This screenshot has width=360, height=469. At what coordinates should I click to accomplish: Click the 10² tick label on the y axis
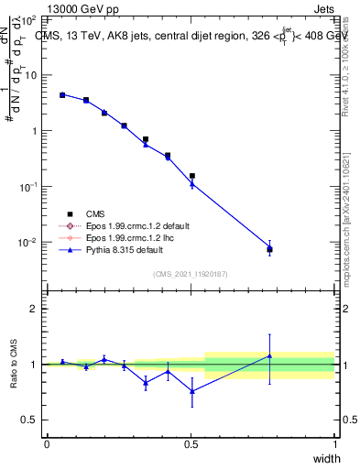28,19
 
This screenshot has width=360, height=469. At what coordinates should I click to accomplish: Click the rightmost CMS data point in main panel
269,249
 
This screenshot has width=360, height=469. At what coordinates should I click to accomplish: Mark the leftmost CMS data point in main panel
62,94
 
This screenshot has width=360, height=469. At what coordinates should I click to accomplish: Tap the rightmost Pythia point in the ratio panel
269,355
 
